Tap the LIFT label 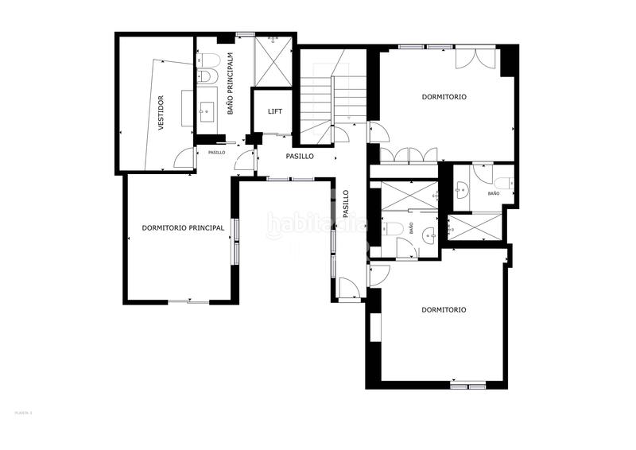coord(274,111)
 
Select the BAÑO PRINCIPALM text coord(231,84)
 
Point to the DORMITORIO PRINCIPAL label coord(183,227)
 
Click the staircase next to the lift coord(328,95)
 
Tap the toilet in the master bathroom coord(208,60)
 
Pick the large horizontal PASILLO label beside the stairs coord(300,157)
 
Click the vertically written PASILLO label coord(346,204)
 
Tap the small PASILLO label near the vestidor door coord(216,152)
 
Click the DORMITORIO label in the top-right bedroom coord(444,97)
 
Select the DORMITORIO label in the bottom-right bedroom coord(444,310)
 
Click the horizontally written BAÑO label coord(494,193)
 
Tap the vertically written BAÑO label coord(411,228)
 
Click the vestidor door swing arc coord(184,158)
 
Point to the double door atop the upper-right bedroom coord(477,59)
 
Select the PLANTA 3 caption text coord(23,413)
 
